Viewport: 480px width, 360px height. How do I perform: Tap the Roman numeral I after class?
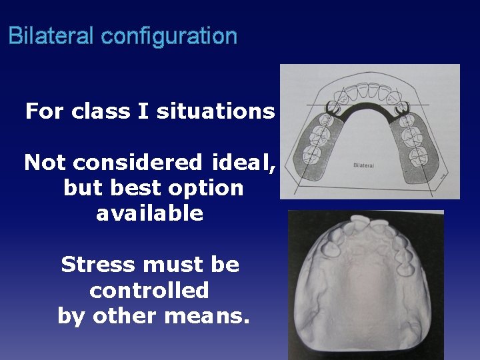142,111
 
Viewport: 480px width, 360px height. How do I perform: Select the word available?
149,213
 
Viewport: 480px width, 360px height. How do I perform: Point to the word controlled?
149,290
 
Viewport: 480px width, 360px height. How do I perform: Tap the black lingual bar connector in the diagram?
367,107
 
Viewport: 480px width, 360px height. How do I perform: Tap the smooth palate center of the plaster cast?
363,293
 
